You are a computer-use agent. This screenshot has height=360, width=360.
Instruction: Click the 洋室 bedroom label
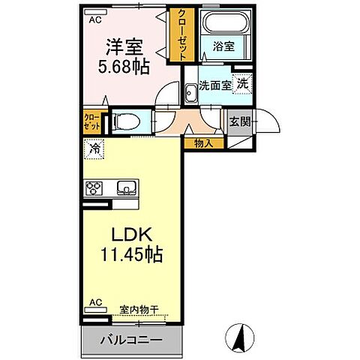point(124,46)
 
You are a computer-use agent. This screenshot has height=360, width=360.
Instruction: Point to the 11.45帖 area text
point(132,255)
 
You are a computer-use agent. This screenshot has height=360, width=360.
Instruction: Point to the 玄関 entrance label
point(240,121)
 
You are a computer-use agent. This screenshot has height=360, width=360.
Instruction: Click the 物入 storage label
point(204,141)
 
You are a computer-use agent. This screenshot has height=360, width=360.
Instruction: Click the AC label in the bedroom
point(94,21)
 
